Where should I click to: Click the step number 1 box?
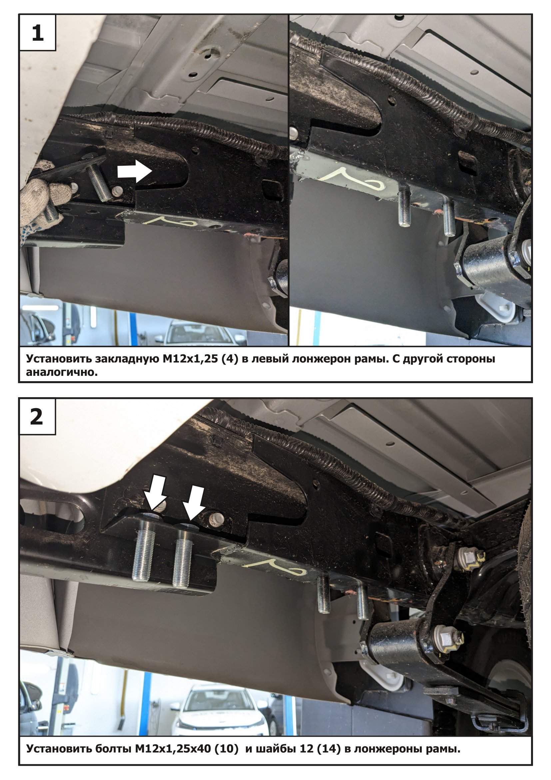coord(37,33)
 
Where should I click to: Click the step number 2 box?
coord(37,417)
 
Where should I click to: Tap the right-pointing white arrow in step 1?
coord(134,171)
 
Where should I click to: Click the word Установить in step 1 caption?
coord(58,359)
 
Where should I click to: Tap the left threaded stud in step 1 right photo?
coord(404,208)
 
